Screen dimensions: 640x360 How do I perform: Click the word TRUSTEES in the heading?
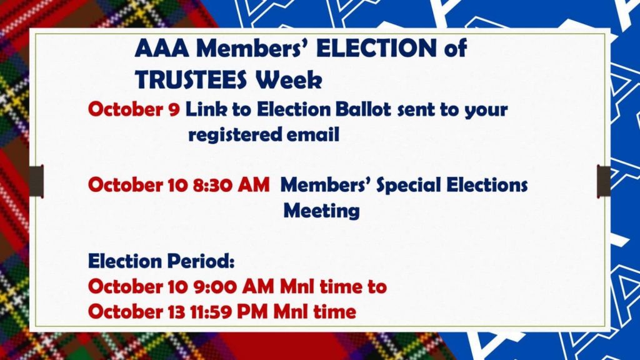(x=191, y=79)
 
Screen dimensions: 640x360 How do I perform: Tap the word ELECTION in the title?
(x=376, y=48)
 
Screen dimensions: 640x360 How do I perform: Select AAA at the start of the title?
(x=162, y=48)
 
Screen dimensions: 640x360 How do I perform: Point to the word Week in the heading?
(x=289, y=79)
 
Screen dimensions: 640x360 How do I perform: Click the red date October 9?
(x=134, y=109)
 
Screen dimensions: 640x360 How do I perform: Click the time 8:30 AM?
(x=231, y=185)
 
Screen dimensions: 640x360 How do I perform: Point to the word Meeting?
(x=322, y=211)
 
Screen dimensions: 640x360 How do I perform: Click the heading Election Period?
(x=162, y=261)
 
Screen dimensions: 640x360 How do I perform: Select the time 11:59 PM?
(x=229, y=312)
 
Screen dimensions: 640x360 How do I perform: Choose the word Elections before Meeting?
(x=487, y=185)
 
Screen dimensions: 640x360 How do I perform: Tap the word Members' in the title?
(x=253, y=48)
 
